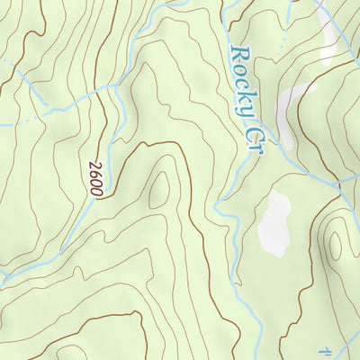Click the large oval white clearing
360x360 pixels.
pyautogui.click(x=274, y=221)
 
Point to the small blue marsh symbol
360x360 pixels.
pyautogui.click(x=327, y=349)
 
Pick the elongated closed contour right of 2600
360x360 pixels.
pyautogui.click(x=158, y=189)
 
